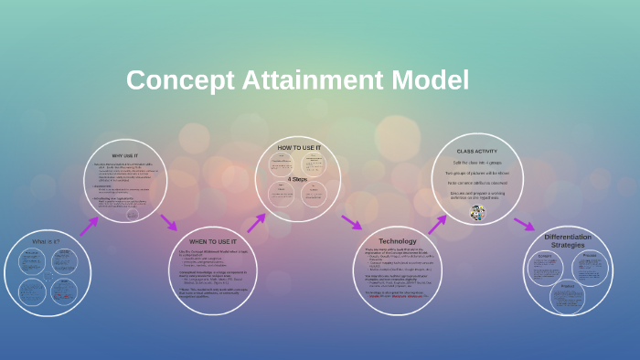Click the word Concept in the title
click(x=171, y=80)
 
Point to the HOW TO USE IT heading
click(x=301, y=147)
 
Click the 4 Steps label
click(x=297, y=179)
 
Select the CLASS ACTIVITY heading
click(x=476, y=150)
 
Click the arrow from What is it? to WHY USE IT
click(x=89, y=226)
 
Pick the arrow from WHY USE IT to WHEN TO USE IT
click(x=168, y=222)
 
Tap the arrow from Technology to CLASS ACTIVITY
click(x=436, y=224)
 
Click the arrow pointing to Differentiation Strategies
click(x=523, y=223)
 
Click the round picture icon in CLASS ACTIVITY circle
click(x=477, y=213)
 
